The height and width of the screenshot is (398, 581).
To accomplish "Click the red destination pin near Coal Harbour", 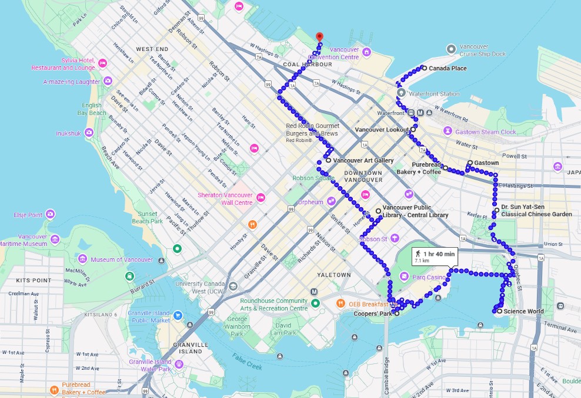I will click(319, 37).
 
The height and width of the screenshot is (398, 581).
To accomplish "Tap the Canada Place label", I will click(448, 69).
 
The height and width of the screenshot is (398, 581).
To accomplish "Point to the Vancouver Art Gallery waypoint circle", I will click(328, 160).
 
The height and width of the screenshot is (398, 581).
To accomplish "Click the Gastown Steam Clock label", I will click(485, 132).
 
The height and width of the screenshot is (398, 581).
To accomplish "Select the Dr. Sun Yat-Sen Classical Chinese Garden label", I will click(536, 211).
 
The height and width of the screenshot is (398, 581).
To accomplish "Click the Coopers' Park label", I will click(373, 314).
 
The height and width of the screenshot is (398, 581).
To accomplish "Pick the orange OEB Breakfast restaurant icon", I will click(340, 303).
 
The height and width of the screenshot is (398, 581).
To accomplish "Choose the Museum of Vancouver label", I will click(121, 259).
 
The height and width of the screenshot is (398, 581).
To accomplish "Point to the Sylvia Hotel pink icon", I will click(102, 63).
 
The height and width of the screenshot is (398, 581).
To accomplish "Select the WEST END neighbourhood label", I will click(152, 49).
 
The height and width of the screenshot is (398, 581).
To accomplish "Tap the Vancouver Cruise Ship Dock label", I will click(482, 50).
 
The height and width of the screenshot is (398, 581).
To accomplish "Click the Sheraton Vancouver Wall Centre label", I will click(225, 199).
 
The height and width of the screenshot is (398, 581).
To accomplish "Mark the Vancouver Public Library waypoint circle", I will click(378, 211).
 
